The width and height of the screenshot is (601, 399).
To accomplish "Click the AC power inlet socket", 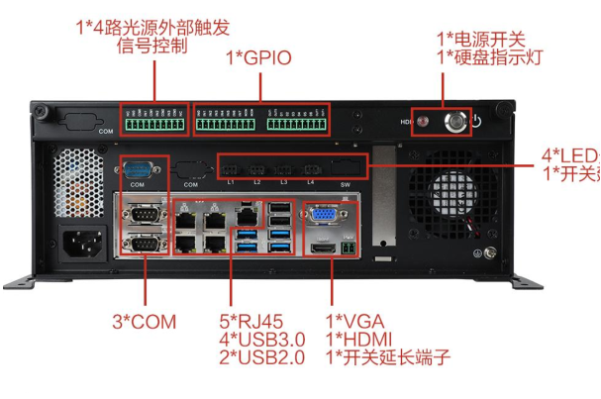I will (x=80, y=243).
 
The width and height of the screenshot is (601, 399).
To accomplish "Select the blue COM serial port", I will (x=138, y=167).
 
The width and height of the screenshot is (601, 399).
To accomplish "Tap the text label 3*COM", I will (x=144, y=323).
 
